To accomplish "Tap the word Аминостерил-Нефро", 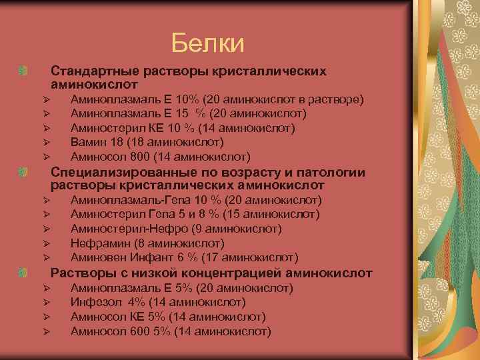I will pyautogui.click(x=118, y=229).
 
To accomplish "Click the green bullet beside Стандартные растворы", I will pyautogui.click(x=24, y=71).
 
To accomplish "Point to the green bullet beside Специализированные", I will pyautogui.click(x=24, y=173).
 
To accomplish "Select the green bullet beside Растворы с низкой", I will pyautogui.click(x=24, y=273).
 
